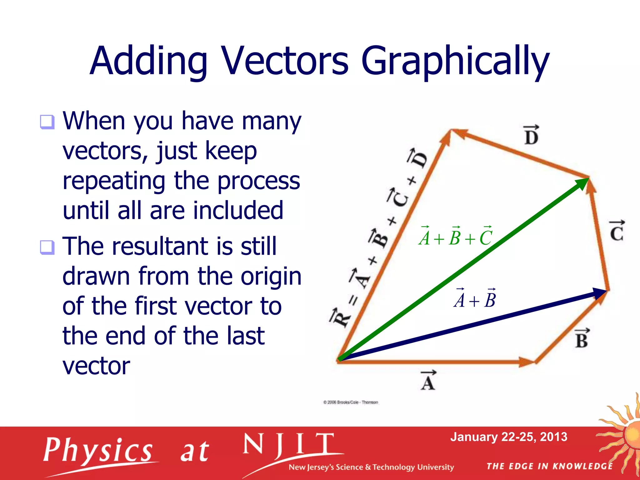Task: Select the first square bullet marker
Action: [x=47, y=122]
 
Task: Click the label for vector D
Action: [x=531, y=136]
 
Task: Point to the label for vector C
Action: [x=617, y=231]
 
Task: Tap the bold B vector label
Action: [x=582, y=339]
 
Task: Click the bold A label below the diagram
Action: [x=428, y=381]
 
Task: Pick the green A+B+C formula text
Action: [x=456, y=237]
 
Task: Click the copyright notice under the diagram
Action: [x=351, y=402]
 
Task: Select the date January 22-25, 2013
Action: [x=508, y=437]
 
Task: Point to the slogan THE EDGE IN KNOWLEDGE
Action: [x=549, y=466]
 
